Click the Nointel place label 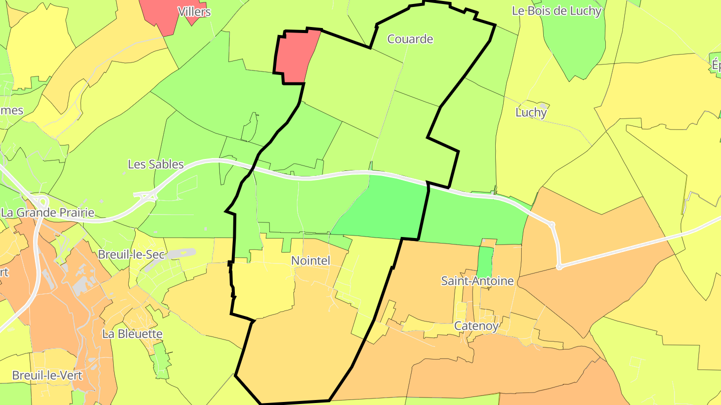coord(310,260)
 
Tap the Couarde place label coord(410,39)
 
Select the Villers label coord(194,11)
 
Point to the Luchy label coord(531,112)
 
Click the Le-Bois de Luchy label coord(556,11)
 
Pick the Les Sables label coord(156,164)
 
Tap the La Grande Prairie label coord(48,212)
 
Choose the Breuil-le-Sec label coord(131,254)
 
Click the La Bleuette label coord(132,333)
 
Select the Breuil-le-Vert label coord(47,375)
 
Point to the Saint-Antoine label coord(477,281)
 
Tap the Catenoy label coord(476,326)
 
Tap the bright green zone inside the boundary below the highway coord(386,210)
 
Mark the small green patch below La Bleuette coord(161,360)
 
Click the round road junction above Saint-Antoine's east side coord(552,224)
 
